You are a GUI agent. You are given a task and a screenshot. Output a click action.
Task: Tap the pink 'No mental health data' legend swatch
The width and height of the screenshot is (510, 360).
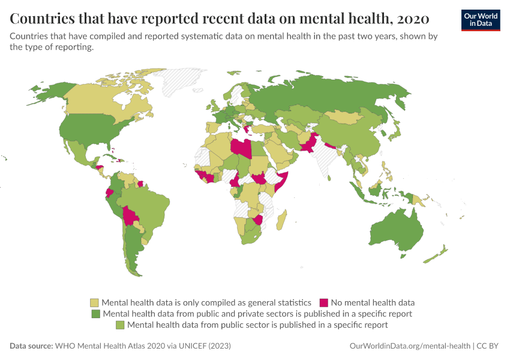pyautogui.click(x=324, y=302)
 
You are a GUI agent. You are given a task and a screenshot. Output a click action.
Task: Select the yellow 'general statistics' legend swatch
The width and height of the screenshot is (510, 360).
pyautogui.click(x=94, y=302)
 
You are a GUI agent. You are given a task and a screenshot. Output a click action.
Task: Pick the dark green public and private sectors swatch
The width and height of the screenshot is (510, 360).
pyautogui.click(x=95, y=313)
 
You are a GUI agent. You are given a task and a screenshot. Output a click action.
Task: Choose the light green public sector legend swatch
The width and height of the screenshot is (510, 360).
pyautogui.click(x=119, y=325)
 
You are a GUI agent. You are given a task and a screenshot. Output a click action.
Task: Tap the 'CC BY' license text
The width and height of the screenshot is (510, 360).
pyautogui.click(x=490, y=346)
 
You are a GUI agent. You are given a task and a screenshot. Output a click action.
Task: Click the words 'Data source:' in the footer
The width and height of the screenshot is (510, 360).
pyautogui.click(x=31, y=346)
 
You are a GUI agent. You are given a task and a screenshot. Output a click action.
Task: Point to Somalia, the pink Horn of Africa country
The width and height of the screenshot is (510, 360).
pyautogui.click(x=283, y=180)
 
